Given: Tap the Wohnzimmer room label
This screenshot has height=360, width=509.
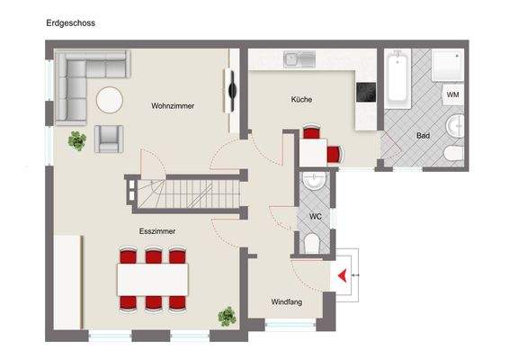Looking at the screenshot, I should [x=173, y=106].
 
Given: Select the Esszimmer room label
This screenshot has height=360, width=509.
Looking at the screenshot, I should [x=156, y=231].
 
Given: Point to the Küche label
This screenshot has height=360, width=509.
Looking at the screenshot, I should [x=301, y=100].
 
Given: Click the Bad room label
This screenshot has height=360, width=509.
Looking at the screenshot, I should [x=423, y=136].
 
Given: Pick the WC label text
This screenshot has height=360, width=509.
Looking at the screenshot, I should [x=315, y=217].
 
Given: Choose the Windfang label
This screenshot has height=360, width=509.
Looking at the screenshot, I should [x=286, y=301].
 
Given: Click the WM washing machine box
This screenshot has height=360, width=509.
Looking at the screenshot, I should [x=452, y=94].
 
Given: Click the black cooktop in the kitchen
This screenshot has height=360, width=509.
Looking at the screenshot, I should [x=366, y=91].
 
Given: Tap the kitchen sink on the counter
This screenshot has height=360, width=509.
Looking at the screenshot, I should [x=298, y=60].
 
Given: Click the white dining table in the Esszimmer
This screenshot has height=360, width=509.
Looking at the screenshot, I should [x=154, y=279].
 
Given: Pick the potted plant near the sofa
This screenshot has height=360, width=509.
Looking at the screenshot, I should [x=78, y=140].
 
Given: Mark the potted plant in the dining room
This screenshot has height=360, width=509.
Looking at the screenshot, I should [x=227, y=316].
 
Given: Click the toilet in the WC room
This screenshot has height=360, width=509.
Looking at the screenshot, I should [x=312, y=244].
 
